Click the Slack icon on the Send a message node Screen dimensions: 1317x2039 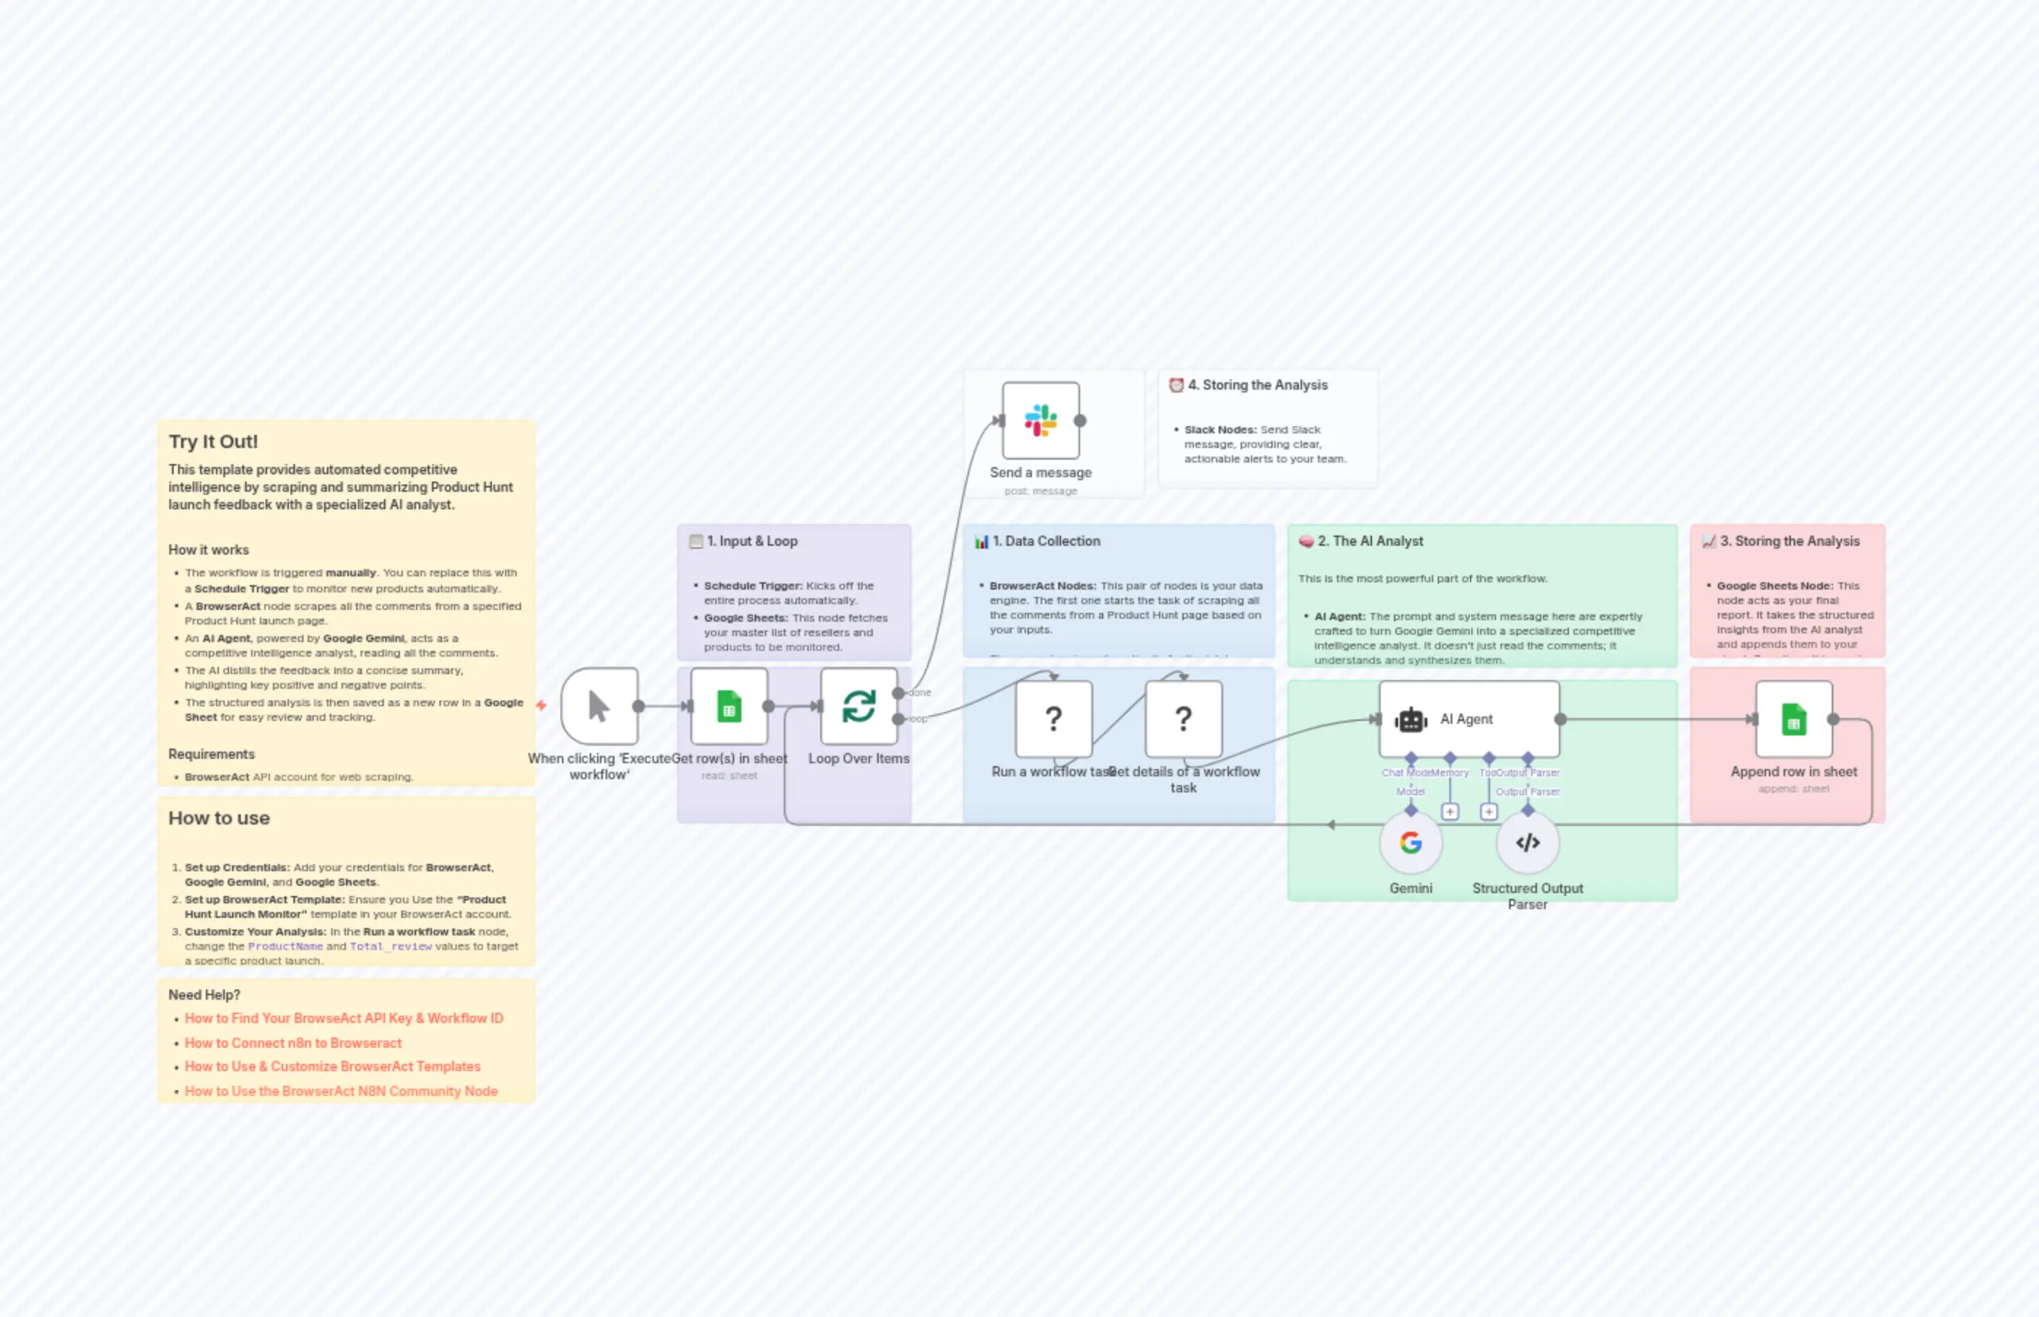click(1041, 421)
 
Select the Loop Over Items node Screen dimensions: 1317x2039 click(859, 706)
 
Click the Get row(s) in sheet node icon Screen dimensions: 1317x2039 click(729, 706)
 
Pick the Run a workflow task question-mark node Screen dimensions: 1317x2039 click(1054, 719)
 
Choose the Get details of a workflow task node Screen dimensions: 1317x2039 click(1183, 719)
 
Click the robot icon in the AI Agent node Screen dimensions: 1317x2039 click(1411, 720)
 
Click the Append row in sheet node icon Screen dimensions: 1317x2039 click(1794, 720)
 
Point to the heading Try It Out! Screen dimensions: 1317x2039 click(213, 442)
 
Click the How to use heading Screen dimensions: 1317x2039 click(219, 819)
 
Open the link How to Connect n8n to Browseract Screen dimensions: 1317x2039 click(293, 1043)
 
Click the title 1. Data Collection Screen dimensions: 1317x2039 click(1052, 541)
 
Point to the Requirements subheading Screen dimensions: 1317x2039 click(211, 754)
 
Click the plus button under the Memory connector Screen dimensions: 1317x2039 click(1450, 811)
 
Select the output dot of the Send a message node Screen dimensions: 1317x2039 click(1080, 421)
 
